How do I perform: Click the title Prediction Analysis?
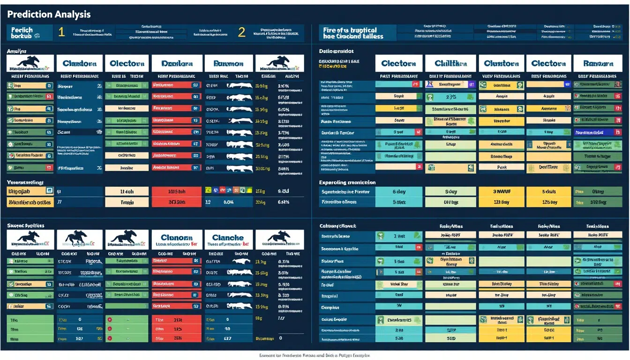click(49, 15)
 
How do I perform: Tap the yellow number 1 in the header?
click(61, 32)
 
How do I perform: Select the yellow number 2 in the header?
click(241, 32)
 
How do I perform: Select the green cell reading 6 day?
click(399, 191)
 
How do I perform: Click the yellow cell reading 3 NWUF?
click(502, 191)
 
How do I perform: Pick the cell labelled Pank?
click(502, 167)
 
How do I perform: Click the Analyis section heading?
click(17, 51)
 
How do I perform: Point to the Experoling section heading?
click(347, 182)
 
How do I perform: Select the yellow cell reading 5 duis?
click(548, 191)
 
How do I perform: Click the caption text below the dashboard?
click(315, 356)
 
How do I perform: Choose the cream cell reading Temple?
click(127, 202)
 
